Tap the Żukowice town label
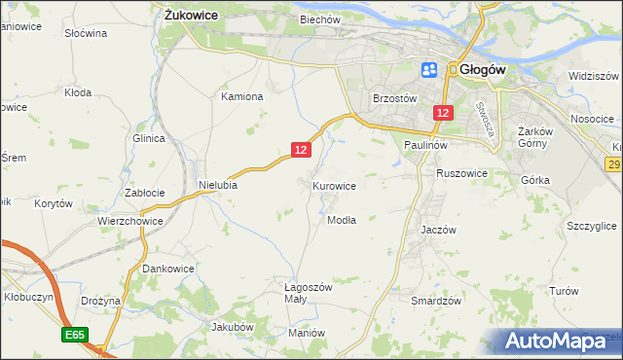point(191,16)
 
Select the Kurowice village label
point(334,186)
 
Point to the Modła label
point(342,220)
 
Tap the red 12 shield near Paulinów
point(443,114)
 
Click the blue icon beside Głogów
point(429,70)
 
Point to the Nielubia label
point(218,184)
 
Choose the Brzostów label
point(395,99)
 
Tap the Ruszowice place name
point(461,173)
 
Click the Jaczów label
point(438,230)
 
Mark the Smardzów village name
point(435,302)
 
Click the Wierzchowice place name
point(129,221)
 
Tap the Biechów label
point(320,19)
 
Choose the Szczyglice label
point(591,226)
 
